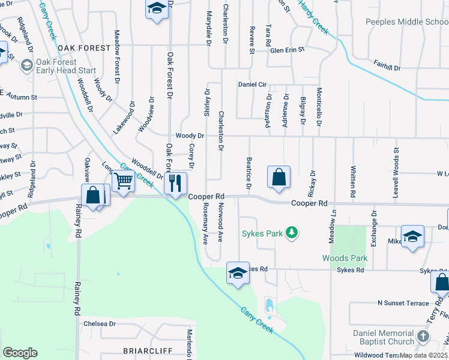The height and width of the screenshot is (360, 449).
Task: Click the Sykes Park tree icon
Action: coord(291,233)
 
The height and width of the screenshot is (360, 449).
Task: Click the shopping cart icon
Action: coord(123,180)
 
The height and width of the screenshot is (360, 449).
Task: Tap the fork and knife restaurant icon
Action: coord(176,183)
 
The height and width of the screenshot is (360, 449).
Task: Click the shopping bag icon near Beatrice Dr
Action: coord(279,177)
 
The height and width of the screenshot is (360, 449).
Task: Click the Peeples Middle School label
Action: coord(407,22)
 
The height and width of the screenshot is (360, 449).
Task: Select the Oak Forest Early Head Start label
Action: coord(66,65)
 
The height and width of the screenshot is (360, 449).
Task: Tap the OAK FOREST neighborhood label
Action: coord(85,48)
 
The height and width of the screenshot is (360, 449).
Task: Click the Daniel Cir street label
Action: coord(252,85)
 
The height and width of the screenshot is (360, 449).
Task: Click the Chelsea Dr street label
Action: coord(99,323)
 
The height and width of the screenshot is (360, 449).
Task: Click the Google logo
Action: coord(20,353)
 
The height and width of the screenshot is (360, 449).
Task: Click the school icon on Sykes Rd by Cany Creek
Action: coord(238,273)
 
